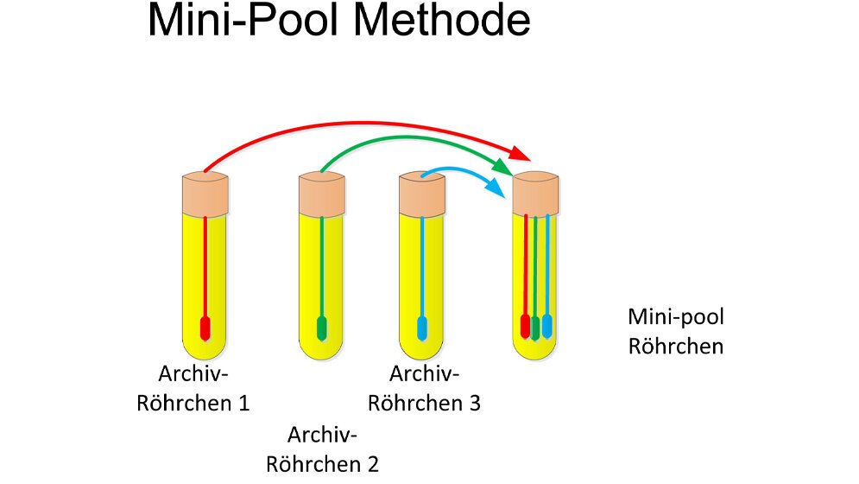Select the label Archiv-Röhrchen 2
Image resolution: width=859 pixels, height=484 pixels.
(x=322, y=449)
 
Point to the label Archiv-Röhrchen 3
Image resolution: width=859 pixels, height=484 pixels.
(x=424, y=388)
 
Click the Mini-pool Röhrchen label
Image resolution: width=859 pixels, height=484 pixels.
(x=675, y=331)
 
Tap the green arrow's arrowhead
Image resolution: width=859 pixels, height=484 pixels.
(x=503, y=164)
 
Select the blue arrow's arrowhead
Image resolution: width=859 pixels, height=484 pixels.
(x=496, y=185)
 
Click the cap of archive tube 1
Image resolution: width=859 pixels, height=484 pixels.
(x=205, y=193)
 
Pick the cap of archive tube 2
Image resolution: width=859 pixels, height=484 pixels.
(x=321, y=193)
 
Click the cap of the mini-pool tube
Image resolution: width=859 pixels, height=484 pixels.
(x=535, y=193)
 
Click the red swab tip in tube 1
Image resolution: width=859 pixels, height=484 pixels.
(x=205, y=328)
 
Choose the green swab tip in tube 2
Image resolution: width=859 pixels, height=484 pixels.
(x=322, y=328)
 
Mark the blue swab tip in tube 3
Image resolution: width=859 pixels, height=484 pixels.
(x=423, y=328)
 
